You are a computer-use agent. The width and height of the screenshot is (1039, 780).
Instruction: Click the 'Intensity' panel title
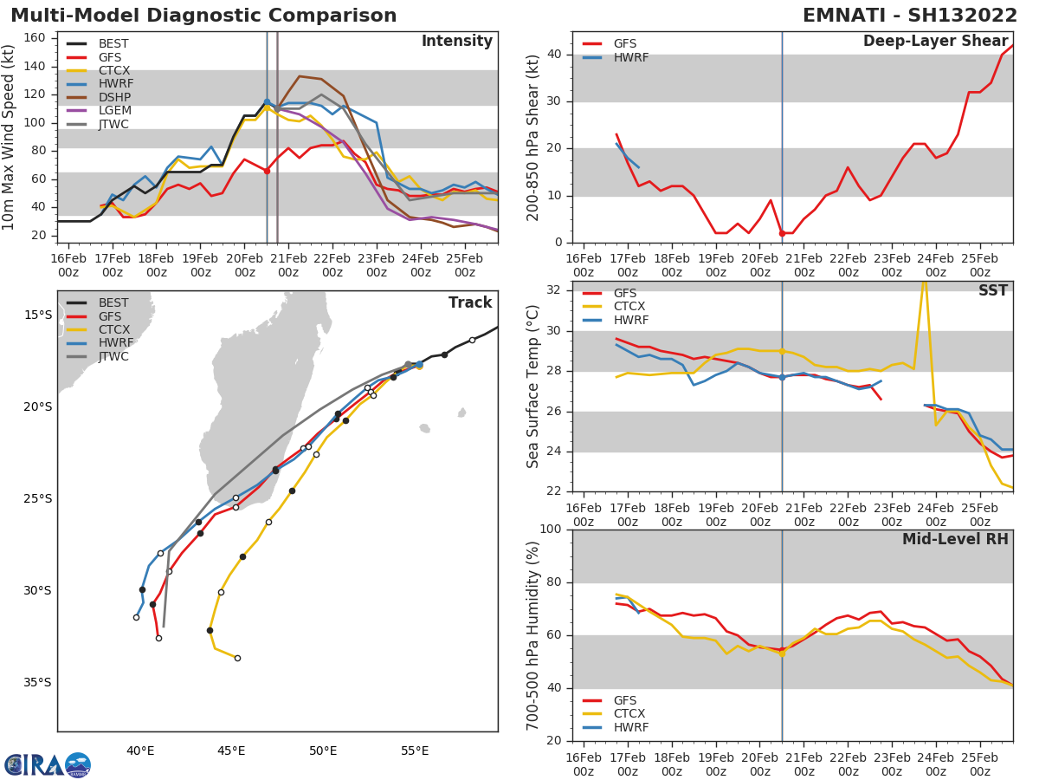[x=456, y=42]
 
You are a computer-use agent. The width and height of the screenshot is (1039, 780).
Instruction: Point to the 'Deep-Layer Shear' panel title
[x=935, y=42]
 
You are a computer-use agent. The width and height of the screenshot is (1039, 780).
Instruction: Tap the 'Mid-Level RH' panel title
[x=955, y=539]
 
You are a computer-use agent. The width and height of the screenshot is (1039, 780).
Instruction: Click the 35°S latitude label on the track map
[x=37, y=682]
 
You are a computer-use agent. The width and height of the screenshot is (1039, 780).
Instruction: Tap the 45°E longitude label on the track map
[x=231, y=751]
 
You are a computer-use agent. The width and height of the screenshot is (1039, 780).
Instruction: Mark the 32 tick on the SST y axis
[x=554, y=290]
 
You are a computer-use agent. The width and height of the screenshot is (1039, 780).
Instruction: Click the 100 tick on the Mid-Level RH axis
[x=551, y=530]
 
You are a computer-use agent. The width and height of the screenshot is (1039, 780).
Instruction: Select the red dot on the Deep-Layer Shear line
[x=782, y=233]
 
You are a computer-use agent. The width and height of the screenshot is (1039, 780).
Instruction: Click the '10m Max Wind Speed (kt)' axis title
[x=10, y=137]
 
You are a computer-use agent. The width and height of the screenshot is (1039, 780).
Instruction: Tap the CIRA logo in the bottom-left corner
[x=48, y=764]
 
